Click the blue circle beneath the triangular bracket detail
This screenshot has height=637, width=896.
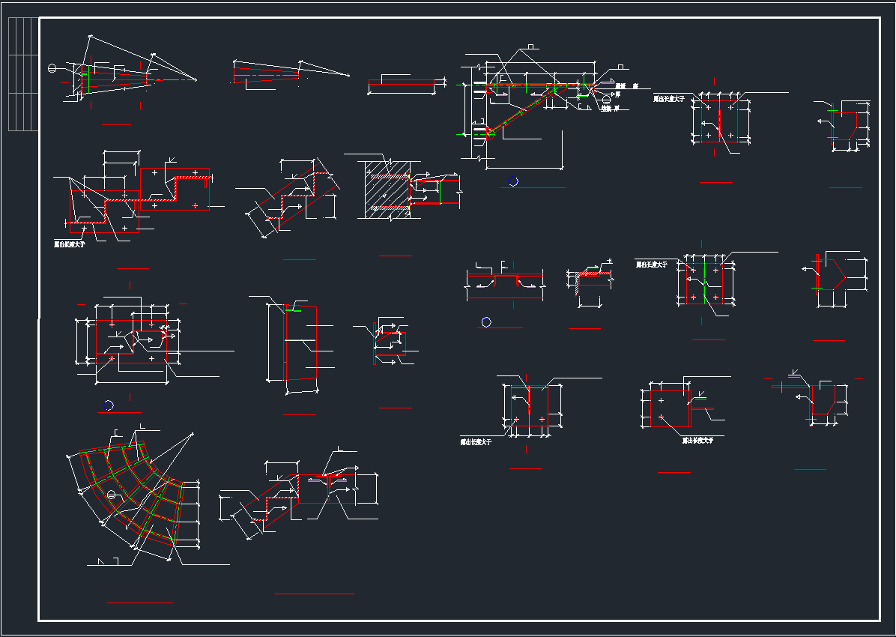(x=513, y=181)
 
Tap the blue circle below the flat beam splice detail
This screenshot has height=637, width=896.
(x=486, y=322)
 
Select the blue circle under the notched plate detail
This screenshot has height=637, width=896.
(x=109, y=405)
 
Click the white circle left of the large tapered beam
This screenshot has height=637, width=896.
(x=52, y=69)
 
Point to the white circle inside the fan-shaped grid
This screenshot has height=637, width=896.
(x=111, y=494)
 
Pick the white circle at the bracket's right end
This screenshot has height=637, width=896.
(x=606, y=100)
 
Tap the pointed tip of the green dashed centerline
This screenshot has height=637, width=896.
(x=196, y=79)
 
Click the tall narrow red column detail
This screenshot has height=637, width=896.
(x=285, y=345)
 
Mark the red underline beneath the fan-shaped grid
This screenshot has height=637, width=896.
(x=140, y=602)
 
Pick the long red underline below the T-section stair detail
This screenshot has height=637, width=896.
(x=314, y=594)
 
